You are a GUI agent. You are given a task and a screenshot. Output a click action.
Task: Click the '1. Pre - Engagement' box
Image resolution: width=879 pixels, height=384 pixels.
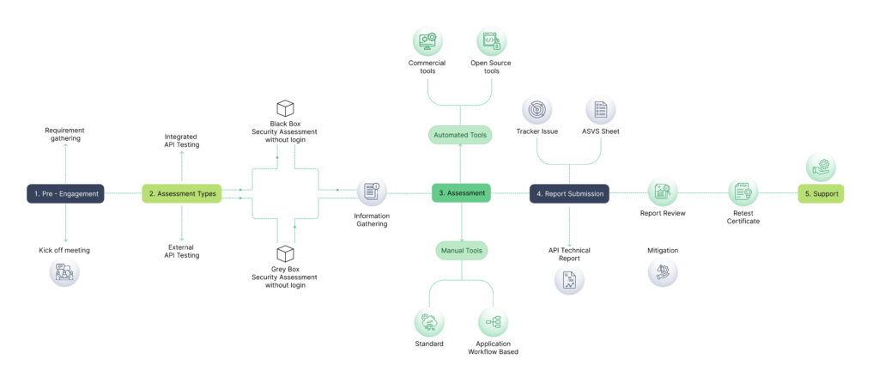tap(65, 194)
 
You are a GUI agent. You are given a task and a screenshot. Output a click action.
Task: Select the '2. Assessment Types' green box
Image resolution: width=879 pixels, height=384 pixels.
tap(182, 194)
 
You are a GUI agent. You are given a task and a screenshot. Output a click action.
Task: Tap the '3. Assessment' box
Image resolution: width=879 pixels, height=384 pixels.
tap(462, 193)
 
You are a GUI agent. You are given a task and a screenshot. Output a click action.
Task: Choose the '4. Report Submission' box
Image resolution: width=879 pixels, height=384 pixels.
tap(569, 194)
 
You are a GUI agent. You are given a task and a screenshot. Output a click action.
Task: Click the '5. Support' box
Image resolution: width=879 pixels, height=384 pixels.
tap(821, 194)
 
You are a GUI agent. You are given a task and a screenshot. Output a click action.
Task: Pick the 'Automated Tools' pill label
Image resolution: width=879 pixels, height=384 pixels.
tap(461, 135)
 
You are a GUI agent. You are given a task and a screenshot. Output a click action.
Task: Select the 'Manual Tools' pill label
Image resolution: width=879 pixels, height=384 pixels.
tap(462, 251)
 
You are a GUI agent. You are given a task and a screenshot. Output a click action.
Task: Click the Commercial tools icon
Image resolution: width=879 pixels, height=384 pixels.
tap(427, 40)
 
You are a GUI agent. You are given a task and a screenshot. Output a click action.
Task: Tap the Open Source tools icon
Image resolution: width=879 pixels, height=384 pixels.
tap(492, 40)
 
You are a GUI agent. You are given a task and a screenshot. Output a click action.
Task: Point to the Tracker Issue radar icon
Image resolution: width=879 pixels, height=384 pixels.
tap(537, 109)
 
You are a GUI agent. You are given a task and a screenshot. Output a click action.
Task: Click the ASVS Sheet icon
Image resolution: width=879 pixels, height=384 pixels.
tap(601, 109)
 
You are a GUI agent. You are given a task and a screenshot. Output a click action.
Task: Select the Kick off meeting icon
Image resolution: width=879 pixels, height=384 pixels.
tap(65, 273)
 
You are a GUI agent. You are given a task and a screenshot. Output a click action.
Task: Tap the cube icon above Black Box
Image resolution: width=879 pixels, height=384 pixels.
tap(285, 108)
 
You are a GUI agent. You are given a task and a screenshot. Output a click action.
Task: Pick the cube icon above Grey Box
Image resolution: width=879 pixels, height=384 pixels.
tap(285, 254)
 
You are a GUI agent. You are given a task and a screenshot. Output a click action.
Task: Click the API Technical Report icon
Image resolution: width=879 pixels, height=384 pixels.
tap(569, 280)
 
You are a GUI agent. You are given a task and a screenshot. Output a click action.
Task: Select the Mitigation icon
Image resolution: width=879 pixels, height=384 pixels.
tap(662, 273)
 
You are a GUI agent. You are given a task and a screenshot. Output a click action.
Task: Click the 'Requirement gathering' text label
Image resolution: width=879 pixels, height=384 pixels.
tap(65, 135)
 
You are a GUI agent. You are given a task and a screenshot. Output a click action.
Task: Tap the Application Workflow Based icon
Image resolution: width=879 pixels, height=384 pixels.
tap(493, 323)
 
